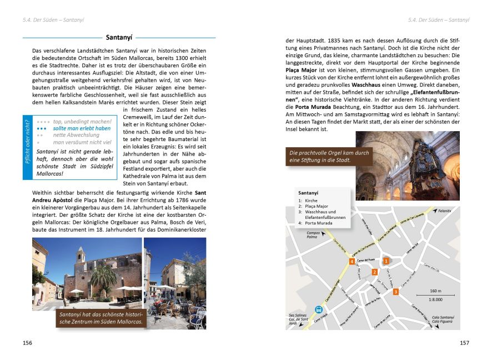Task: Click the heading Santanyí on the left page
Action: click(119, 38)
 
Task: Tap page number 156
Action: click(27, 343)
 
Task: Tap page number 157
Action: click(464, 343)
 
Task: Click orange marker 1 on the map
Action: click(385, 261)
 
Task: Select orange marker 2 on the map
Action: click(375, 272)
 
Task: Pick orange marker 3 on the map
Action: click(395, 291)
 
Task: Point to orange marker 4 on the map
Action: click(352, 261)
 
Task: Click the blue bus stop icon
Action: click(319, 309)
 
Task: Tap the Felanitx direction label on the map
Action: click(444, 211)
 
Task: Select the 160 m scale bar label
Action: click(436, 291)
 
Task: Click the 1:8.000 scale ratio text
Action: click(436, 300)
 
